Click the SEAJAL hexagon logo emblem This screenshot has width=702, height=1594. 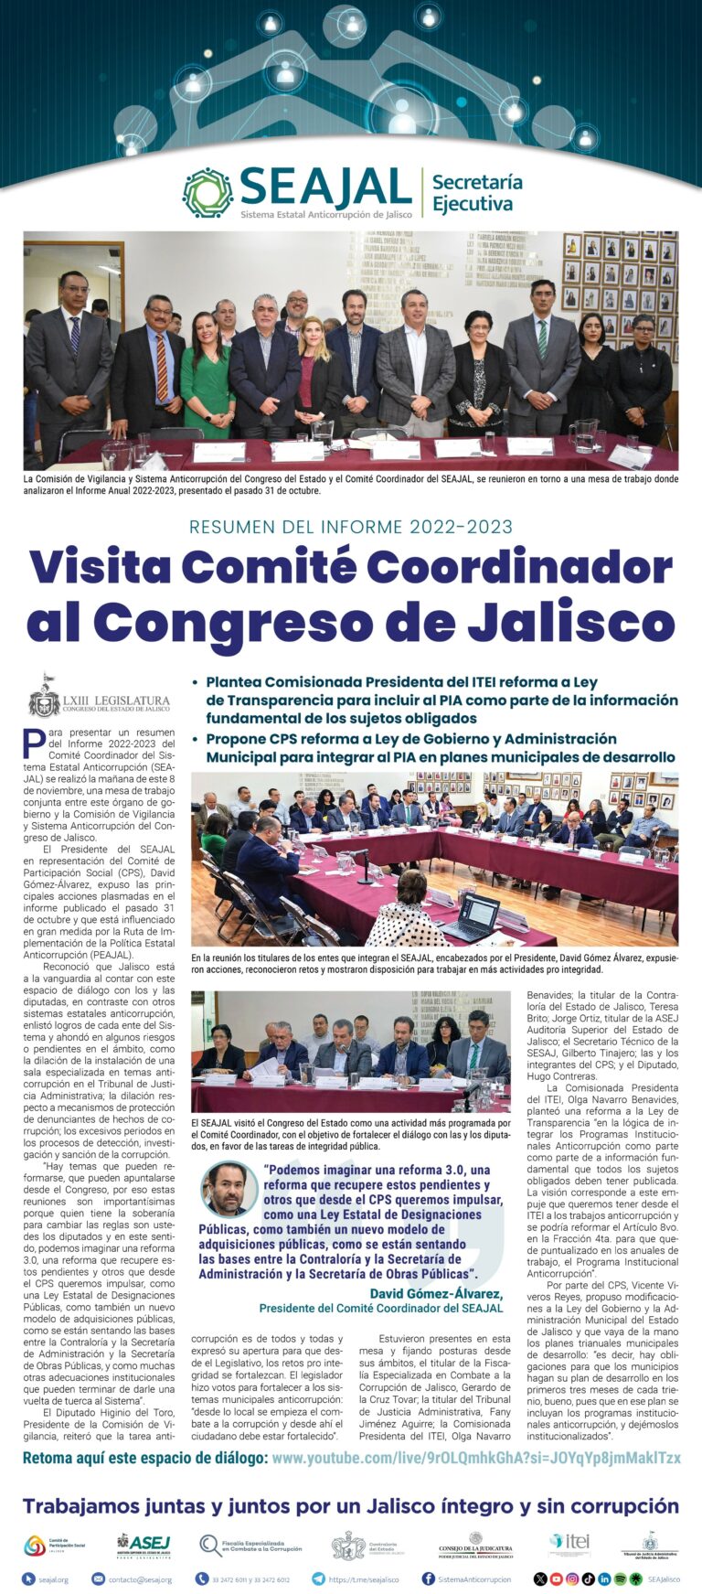tap(207, 193)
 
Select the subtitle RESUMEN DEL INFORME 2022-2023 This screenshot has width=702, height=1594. tap(351, 527)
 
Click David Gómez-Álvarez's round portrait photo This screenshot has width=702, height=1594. tap(228, 1189)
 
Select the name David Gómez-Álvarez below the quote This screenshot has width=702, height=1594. tap(436, 1293)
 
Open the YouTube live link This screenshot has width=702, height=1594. tap(475, 1459)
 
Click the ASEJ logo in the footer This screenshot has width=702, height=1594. tap(144, 1545)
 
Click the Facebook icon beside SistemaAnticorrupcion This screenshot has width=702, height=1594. tap(428, 1579)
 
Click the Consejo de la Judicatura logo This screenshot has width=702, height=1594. tap(475, 1546)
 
